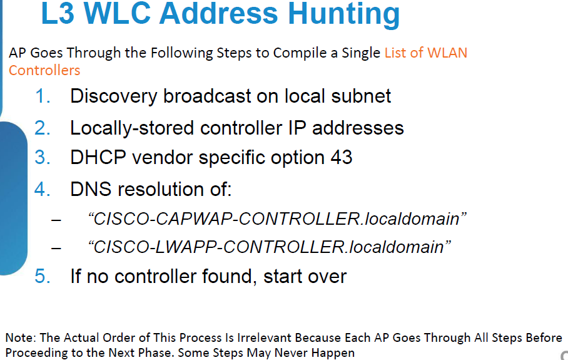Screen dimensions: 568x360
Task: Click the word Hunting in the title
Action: coord(344,14)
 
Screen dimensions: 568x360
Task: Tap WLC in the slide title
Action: coord(116,13)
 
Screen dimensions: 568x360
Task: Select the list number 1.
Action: coord(43,96)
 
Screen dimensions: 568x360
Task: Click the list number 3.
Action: coord(43,157)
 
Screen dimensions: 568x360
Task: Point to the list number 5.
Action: coord(43,276)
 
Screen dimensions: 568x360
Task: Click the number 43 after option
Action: coord(341,157)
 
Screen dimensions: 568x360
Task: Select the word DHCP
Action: coord(98,157)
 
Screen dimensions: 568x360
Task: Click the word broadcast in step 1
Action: coord(207,96)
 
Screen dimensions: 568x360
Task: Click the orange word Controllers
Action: coord(44,70)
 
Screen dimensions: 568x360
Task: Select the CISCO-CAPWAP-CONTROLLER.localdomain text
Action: coord(276,219)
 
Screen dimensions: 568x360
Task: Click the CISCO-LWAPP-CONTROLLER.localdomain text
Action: coord(269,247)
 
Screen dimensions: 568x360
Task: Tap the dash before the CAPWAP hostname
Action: coord(56,220)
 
